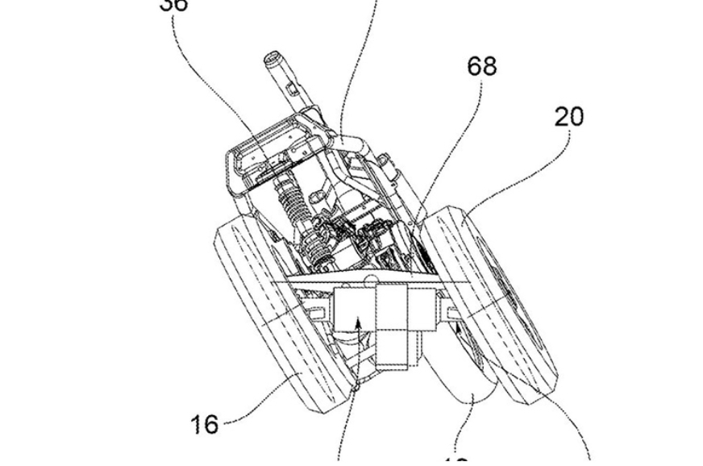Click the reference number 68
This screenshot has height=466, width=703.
[482, 66]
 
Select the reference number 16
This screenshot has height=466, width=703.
[204, 423]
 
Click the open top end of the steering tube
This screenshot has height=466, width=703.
[272, 59]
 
